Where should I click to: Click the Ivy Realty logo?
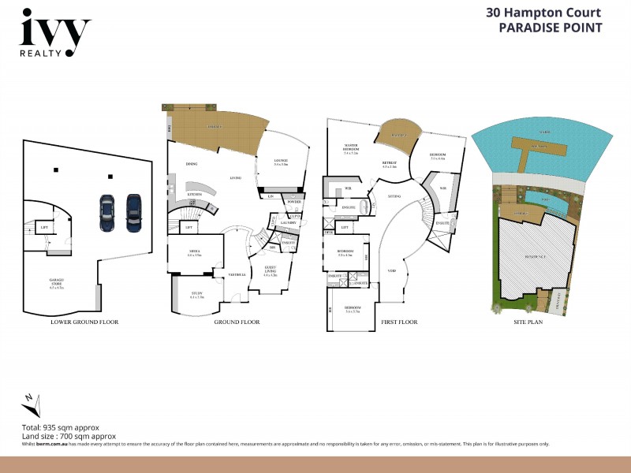click(x=54, y=34)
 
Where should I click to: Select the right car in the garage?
click(x=133, y=210)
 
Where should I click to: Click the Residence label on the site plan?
click(x=535, y=258)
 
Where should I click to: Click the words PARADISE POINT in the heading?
click(x=551, y=28)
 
